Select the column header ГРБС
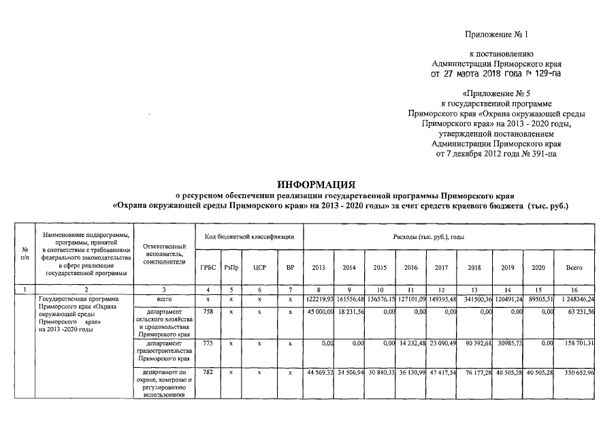click(208, 268)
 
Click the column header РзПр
click(231, 268)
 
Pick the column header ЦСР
click(259, 268)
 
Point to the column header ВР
click(290, 268)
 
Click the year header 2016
click(411, 268)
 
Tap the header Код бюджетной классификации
click(250, 236)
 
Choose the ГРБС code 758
click(208, 311)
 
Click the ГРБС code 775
click(208, 345)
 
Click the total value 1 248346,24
click(575, 300)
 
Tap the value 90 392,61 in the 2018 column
click(474, 345)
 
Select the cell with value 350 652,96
click(575, 373)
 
